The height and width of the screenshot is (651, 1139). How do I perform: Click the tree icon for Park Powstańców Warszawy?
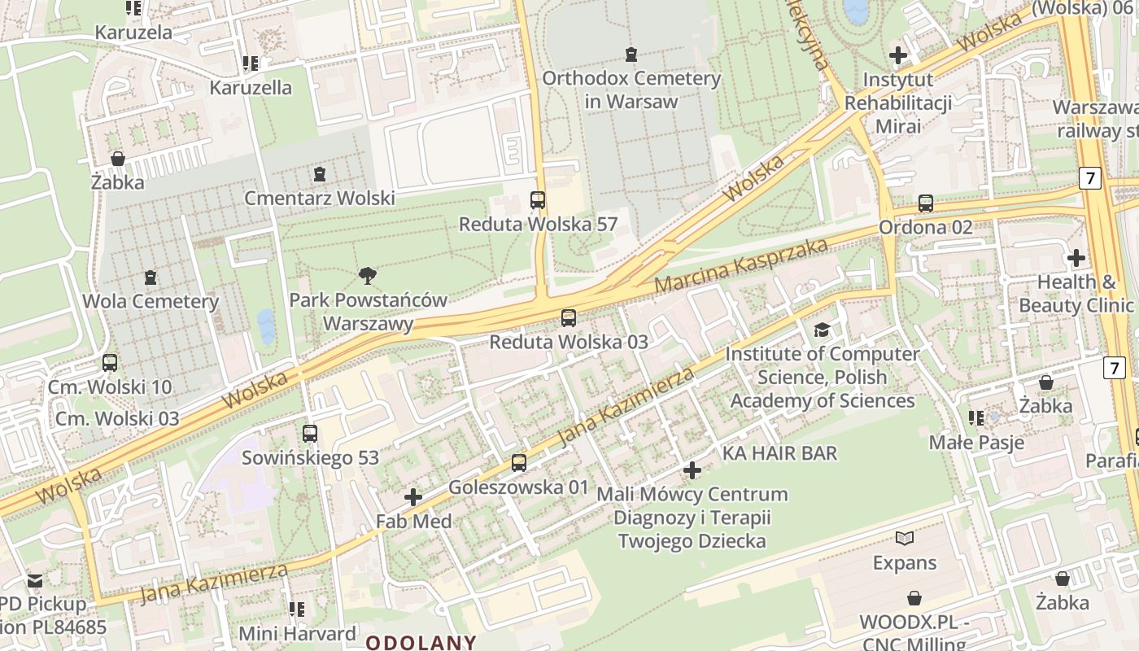click(368, 276)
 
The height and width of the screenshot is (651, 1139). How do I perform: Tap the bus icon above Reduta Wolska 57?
click(537, 199)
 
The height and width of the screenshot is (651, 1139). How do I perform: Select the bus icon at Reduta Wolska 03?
click(569, 318)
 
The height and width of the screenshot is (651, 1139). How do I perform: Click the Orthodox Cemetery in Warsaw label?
click(631, 90)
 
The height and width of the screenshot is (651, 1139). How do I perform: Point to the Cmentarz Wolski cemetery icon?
click(320, 173)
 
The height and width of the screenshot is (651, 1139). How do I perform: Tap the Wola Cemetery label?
click(151, 301)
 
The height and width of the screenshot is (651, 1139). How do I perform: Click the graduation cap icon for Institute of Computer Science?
click(822, 330)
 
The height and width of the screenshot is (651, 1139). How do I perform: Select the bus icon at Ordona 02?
click(925, 203)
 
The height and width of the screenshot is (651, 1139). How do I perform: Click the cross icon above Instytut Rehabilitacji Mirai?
click(898, 55)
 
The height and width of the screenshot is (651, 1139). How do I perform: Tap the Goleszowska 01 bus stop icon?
click(518, 463)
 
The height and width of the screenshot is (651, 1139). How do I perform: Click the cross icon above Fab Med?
click(413, 496)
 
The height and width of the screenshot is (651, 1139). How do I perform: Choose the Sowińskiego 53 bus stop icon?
click(309, 434)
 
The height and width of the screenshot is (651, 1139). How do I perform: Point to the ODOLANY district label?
click(421, 641)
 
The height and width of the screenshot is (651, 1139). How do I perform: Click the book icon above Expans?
click(904, 538)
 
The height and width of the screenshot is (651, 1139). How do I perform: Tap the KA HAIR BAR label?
click(779, 452)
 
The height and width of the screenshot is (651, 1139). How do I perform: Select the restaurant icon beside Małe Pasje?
click(976, 418)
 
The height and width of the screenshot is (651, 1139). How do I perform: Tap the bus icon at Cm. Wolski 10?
click(109, 363)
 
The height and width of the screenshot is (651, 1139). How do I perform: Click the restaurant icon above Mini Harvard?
click(297, 609)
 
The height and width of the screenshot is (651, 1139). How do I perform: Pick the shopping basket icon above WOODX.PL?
click(914, 598)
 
